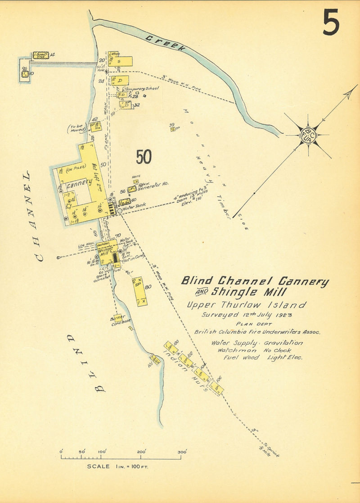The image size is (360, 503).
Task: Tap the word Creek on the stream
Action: pos(165,45)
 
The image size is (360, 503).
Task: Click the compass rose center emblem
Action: pos(308,135)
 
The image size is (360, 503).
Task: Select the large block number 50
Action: pos(144,157)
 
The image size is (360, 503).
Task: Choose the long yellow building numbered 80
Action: pos(140,291)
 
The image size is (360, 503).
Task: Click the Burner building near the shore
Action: pos(118,318)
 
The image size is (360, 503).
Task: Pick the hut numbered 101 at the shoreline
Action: pos(156,359)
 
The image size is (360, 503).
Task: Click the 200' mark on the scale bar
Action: pos(141,452)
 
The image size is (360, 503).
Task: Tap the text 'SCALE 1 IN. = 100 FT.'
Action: pos(117,466)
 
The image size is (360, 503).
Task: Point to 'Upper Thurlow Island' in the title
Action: pos(247,305)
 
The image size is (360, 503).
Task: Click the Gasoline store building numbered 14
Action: pos(40,55)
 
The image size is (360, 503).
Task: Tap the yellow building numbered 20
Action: pos(120,61)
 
